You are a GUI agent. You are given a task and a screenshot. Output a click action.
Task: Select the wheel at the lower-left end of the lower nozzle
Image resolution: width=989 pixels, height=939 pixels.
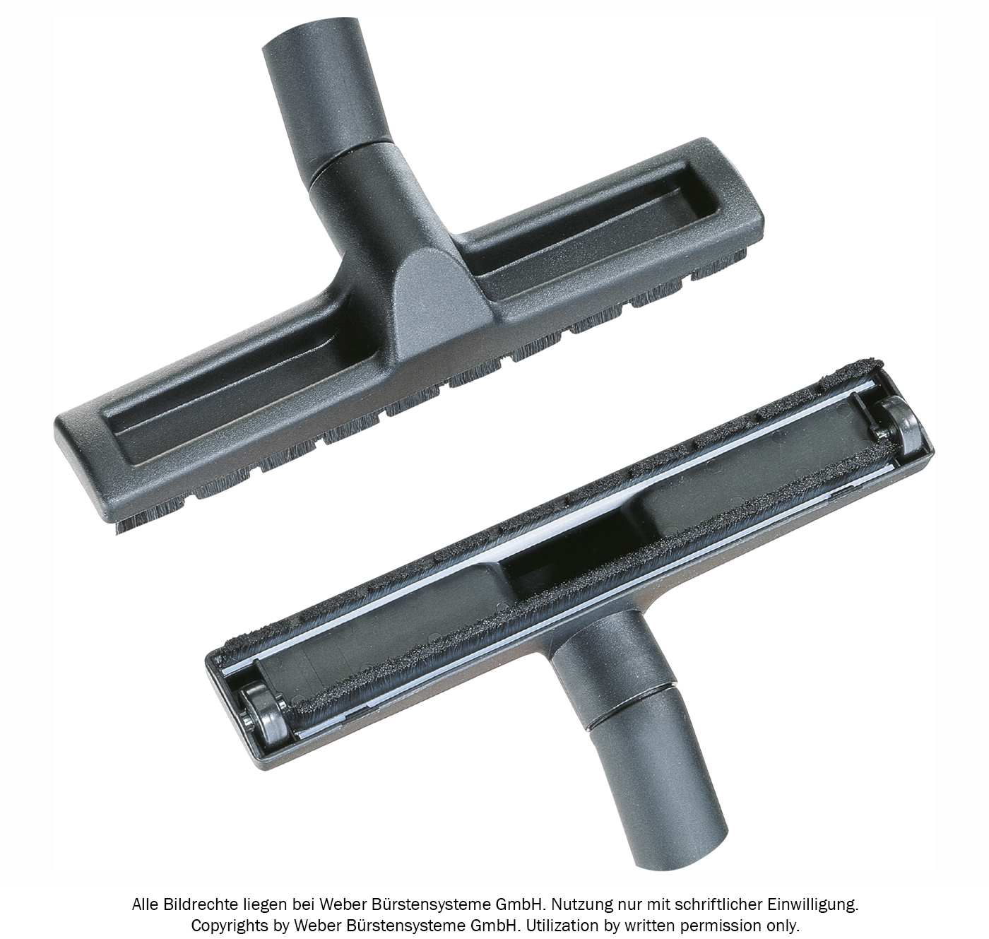tap(265, 715)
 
